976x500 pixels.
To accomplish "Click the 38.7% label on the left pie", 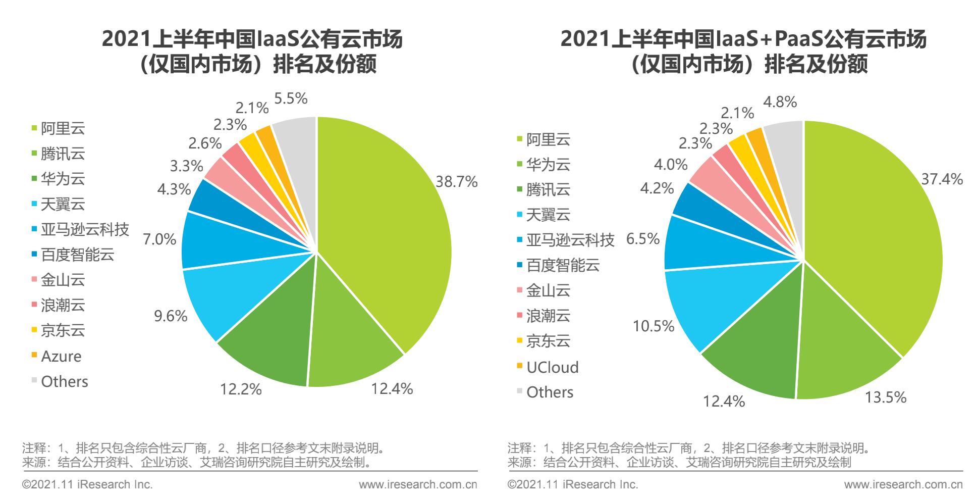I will pyautogui.click(x=456, y=182).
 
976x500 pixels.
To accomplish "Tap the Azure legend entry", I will pyautogui.click(x=61, y=357).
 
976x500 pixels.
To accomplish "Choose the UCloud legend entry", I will pyautogui.click(x=552, y=367).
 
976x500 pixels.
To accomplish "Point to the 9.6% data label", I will pyautogui.click(x=171, y=316).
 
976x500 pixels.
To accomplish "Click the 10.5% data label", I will pyautogui.click(x=654, y=326).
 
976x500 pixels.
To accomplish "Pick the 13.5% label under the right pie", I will pyautogui.click(x=886, y=397).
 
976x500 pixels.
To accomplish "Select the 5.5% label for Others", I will pyautogui.click(x=291, y=98).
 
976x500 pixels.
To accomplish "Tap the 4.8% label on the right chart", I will pyautogui.click(x=780, y=103).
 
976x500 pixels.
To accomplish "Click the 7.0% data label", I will pyautogui.click(x=159, y=239).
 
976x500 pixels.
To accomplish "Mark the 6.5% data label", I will pyautogui.click(x=643, y=238).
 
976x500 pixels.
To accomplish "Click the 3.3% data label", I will pyautogui.click(x=186, y=166).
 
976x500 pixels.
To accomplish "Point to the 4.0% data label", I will pyautogui.click(x=671, y=165).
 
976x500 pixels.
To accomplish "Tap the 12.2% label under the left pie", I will pyautogui.click(x=241, y=389).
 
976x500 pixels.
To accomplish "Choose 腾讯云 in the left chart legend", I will pyautogui.click(x=63, y=154).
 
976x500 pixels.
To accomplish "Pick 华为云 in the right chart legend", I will pyautogui.click(x=548, y=165).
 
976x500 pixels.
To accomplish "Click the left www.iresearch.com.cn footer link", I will pyautogui.click(x=418, y=485).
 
